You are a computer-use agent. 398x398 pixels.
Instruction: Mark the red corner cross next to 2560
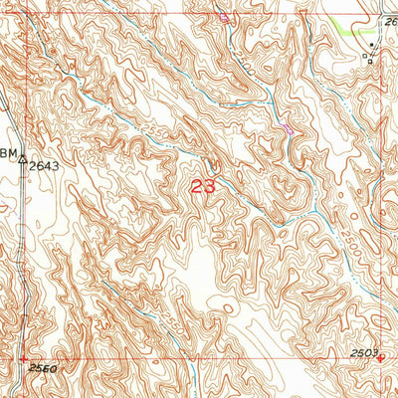[x=23, y=358]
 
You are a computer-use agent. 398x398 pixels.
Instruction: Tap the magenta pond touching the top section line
[x=224, y=17]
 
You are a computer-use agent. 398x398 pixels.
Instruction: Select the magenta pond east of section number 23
[x=288, y=128]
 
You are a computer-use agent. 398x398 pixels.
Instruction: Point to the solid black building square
[x=374, y=46]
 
